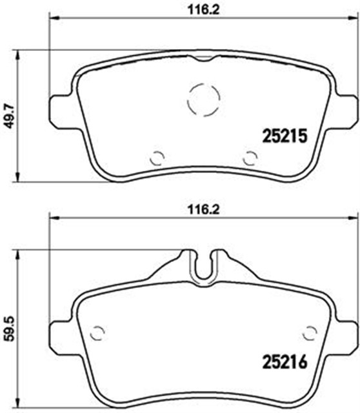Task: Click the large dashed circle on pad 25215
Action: (203, 98)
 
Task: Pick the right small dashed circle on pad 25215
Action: (250, 157)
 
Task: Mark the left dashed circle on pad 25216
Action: (97, 332)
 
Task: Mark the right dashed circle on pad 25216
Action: (310, 332)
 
